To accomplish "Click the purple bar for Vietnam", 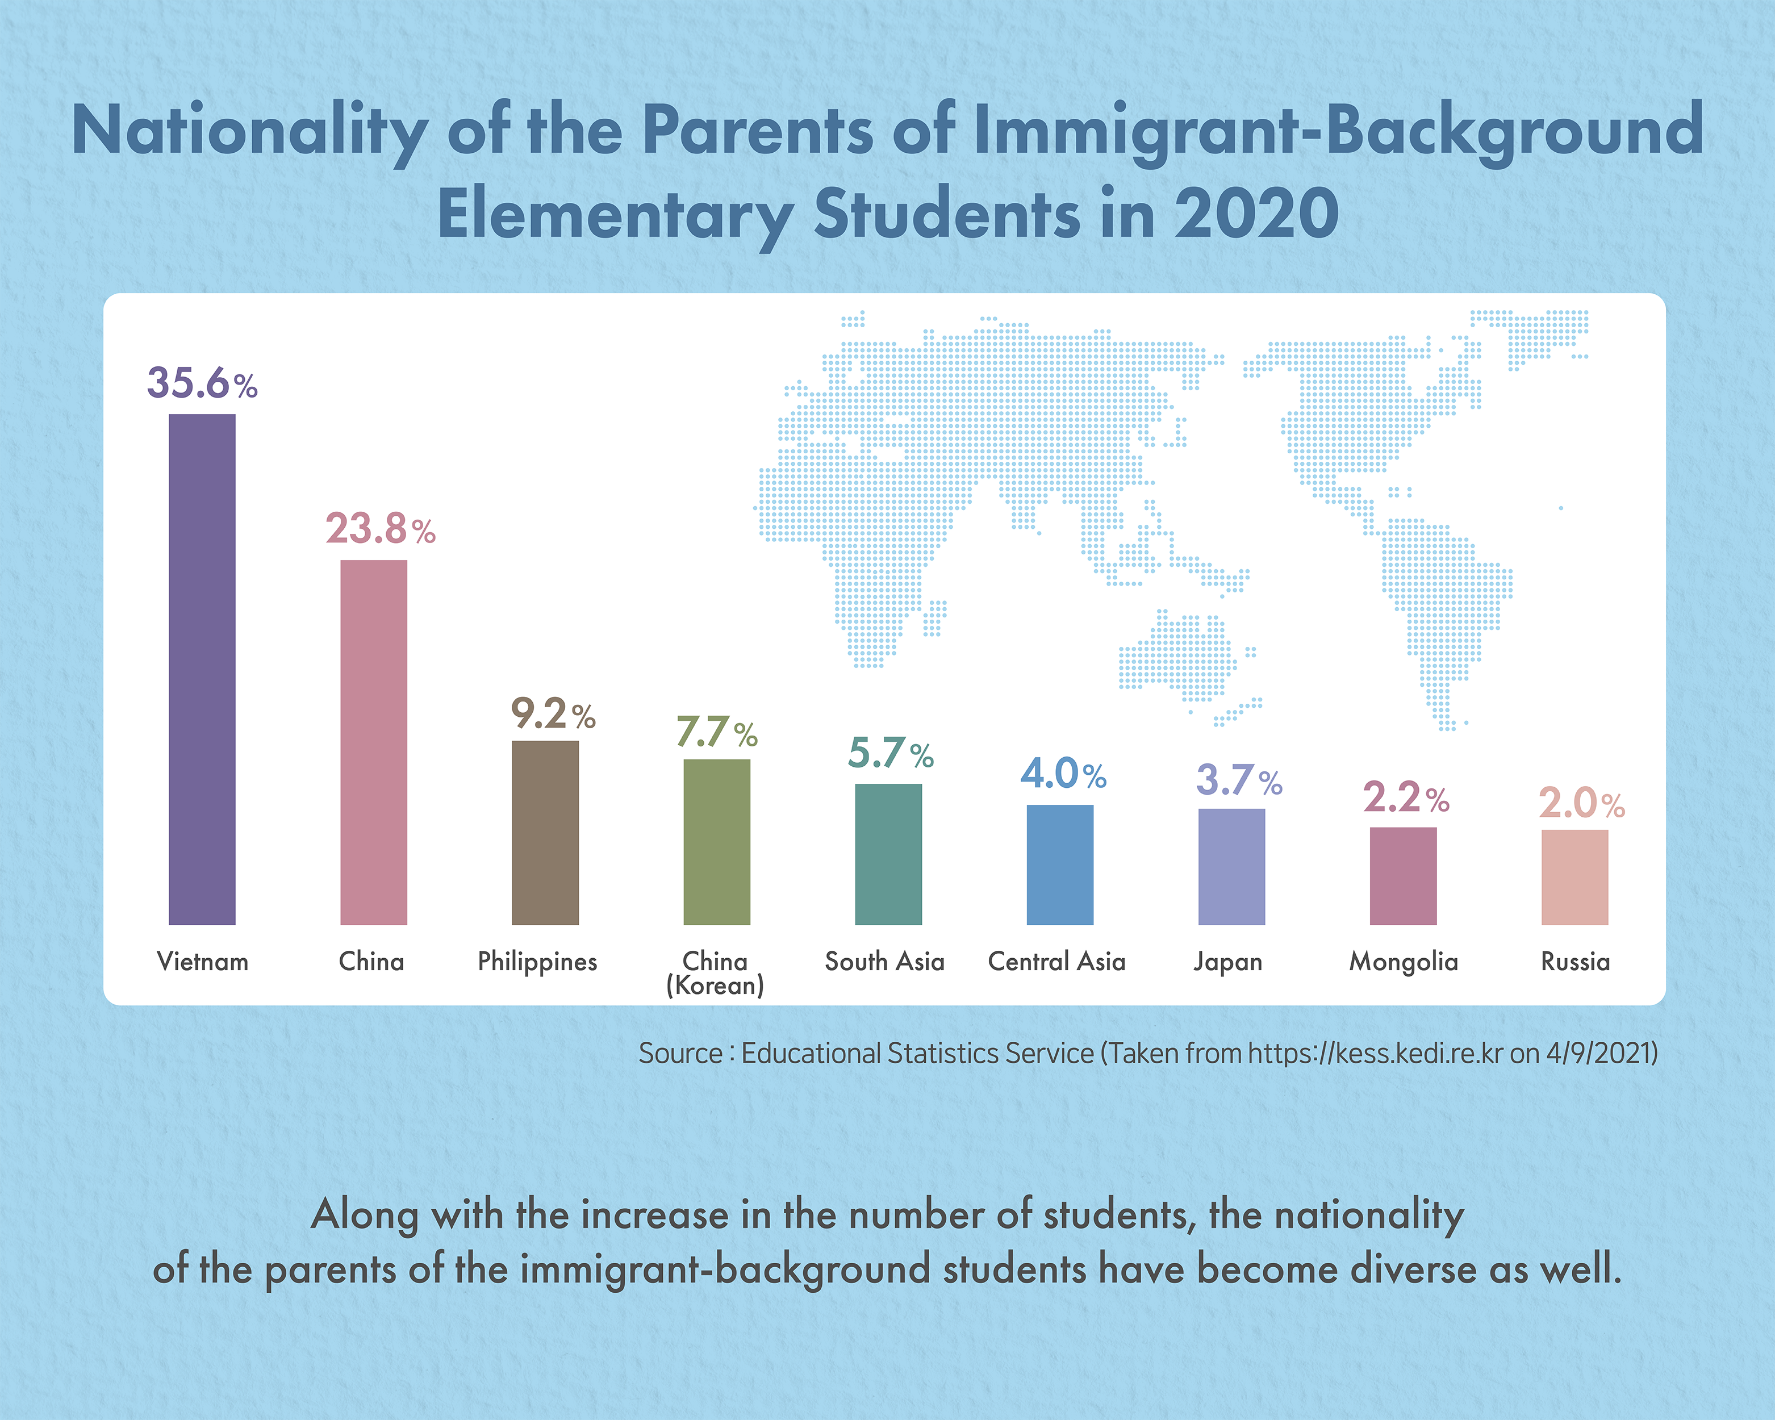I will [x=202, y=669].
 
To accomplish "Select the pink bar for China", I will [x=374, y=742].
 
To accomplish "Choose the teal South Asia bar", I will [x=888, y=854].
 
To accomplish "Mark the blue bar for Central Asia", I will [x=1059, y=864].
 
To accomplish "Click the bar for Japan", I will [x=1231, y=866].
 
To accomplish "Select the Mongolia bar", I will [x=1403, y=875].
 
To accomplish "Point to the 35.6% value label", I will [x=202, y=383].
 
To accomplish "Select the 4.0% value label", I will [x=1063, y=774].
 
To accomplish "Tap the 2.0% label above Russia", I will [x=1581, y=803].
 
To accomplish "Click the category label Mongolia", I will [x=1403, y=962].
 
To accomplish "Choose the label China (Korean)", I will [x=715, y=973].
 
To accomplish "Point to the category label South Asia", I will [x=884, y=962].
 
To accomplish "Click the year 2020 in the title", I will [x=1255, y=213].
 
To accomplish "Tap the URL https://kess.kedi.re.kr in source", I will [x=1375, y=1054].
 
